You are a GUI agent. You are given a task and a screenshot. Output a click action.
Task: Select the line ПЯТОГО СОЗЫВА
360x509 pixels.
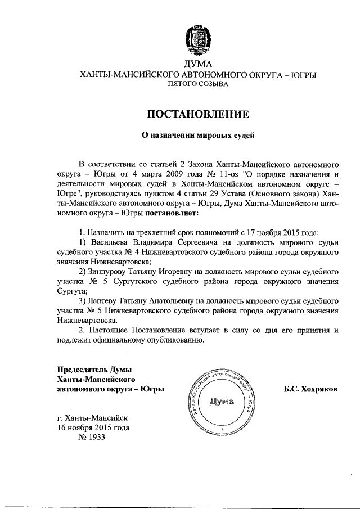click(x=197, y=84)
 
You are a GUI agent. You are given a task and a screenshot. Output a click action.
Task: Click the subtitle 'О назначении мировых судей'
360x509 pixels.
click(x=197, y=136)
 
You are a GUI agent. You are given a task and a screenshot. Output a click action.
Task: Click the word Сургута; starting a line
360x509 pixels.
click(x=72, y=291)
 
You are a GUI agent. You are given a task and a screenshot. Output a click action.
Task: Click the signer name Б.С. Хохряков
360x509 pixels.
click(x=310, y=389)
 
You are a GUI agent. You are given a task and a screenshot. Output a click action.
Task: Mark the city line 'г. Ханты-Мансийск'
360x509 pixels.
click(x=93, y=418)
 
